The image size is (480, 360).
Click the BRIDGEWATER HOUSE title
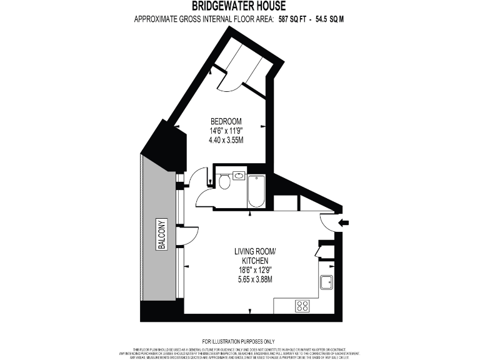[239, 6]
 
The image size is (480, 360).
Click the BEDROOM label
[226, 121]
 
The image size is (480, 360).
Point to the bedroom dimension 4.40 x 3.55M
[226, 140]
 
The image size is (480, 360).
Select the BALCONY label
[161, 236]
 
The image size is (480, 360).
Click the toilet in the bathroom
[225, 181]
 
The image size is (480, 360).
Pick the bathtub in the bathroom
[256, 191]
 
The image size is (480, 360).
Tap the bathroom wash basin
[238, 175]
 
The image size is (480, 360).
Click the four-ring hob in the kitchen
[302, 306]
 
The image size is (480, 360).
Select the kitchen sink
[326, 282]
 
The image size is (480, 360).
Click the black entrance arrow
[343, 222]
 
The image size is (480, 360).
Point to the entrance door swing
[327, 222]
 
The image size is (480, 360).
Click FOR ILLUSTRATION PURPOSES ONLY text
[239, 341]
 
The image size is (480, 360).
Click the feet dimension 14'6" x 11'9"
[226, 131]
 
